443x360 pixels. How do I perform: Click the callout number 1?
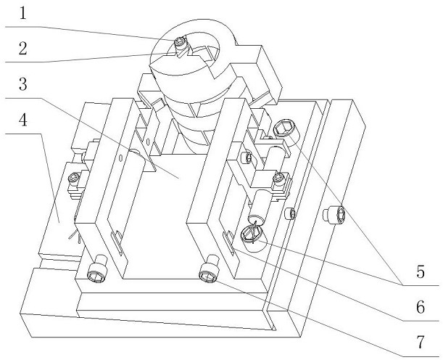pos(23,13)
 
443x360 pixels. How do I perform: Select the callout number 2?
pos(23,48)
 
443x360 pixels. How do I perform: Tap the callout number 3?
pos(23,84)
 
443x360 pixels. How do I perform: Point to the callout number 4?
pos(23,120)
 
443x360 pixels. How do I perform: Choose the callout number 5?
pos(421,271)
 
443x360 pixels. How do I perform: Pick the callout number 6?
pos(421,307)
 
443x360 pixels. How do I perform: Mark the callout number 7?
pos(421,342)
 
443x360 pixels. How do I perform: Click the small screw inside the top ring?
pos(180,42)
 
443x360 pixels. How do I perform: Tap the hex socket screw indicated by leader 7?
pos(209,272)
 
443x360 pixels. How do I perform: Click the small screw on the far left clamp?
pos(74,179)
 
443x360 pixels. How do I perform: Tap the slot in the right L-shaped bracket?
pos(228,242)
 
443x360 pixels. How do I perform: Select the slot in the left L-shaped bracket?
pos(117,242)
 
